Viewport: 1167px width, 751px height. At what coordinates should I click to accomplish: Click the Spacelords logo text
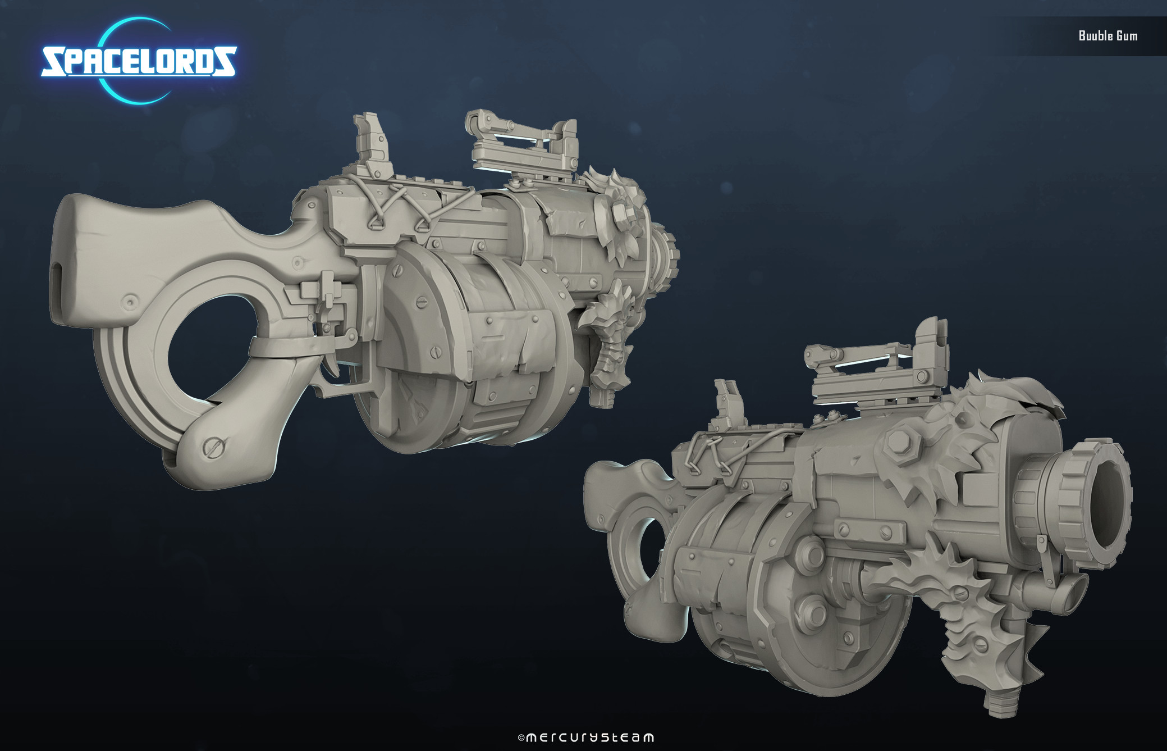click(139, 61)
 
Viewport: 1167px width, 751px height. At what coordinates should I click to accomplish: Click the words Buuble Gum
click(1108, 35)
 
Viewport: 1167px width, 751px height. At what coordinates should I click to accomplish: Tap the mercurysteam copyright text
click(585, 737)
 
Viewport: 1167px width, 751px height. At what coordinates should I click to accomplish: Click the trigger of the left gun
click(336, 359)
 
